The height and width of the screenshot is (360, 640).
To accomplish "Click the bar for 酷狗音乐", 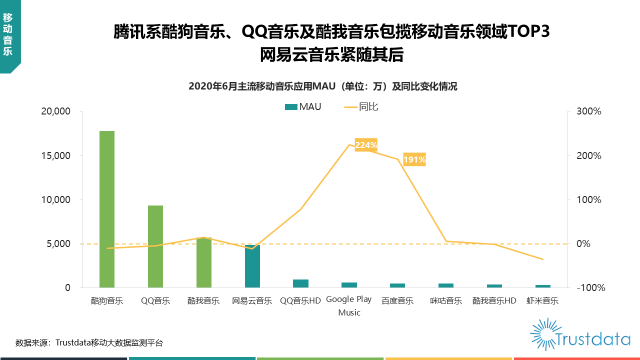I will pos(107,209).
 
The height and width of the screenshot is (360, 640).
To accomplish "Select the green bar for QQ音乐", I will pos(155,246).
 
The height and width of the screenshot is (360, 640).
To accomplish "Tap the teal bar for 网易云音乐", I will pos(252,266).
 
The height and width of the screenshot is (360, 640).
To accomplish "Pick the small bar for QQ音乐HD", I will pos(300,283).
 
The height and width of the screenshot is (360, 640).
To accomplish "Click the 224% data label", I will pos(366,145).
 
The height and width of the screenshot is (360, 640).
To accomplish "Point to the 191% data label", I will pos(414,159).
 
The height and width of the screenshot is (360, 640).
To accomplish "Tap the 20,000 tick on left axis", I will pos(55,111).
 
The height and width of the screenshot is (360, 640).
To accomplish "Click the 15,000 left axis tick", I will pos(55,155).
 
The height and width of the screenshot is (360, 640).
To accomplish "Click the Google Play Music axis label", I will pos(349,305).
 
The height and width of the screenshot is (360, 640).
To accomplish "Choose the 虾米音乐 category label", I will pos(542,301).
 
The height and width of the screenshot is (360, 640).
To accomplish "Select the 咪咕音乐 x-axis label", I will pos(446,301).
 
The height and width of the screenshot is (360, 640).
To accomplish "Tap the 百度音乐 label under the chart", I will pos(397,301).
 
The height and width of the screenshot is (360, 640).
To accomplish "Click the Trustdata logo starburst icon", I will pos(543,333).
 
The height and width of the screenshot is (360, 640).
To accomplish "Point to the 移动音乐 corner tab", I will pos(8,34).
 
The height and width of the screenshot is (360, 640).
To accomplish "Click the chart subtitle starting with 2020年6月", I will pos(323,86).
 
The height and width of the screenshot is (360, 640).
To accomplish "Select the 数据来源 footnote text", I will pos(89,343).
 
